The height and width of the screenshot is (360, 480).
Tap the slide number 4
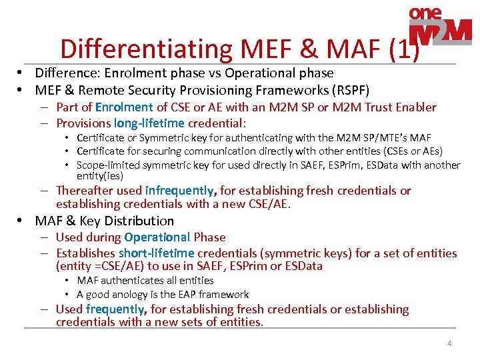point(449,343)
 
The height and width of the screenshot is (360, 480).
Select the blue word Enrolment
point(124,107)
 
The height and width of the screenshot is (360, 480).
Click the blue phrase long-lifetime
point(149,123)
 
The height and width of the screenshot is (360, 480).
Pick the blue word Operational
point(157,237)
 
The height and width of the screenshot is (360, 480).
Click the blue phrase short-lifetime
point(156,253)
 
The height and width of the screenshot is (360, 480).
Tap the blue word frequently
point(115,309)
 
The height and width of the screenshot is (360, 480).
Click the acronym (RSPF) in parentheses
point(352,90)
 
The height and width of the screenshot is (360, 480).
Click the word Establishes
point(85,253)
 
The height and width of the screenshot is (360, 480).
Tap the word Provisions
point(83,123)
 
